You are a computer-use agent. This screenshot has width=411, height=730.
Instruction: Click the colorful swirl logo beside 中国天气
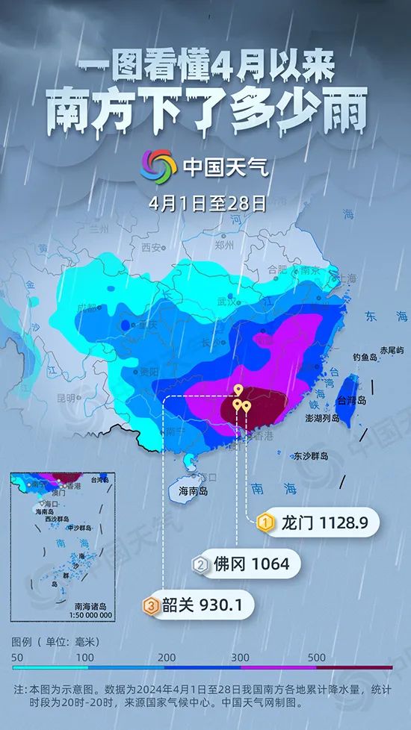coord(158,166)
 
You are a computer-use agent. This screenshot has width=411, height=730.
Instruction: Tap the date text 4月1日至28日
coord(207,202)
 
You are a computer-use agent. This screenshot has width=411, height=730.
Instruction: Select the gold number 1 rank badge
coord(263,523)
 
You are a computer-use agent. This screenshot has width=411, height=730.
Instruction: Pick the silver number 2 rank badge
coord(200,564)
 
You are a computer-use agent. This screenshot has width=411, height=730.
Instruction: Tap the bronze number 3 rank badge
coord(151,605)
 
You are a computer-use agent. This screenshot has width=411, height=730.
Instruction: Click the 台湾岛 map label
coord(350,401)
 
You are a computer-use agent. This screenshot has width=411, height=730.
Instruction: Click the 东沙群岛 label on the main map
coord(312,455)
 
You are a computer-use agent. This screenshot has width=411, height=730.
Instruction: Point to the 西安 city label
coord(152,247)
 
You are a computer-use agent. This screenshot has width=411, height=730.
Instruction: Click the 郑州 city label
coord(224,245)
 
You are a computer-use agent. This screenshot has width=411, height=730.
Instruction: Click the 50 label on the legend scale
coord(17,657)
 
